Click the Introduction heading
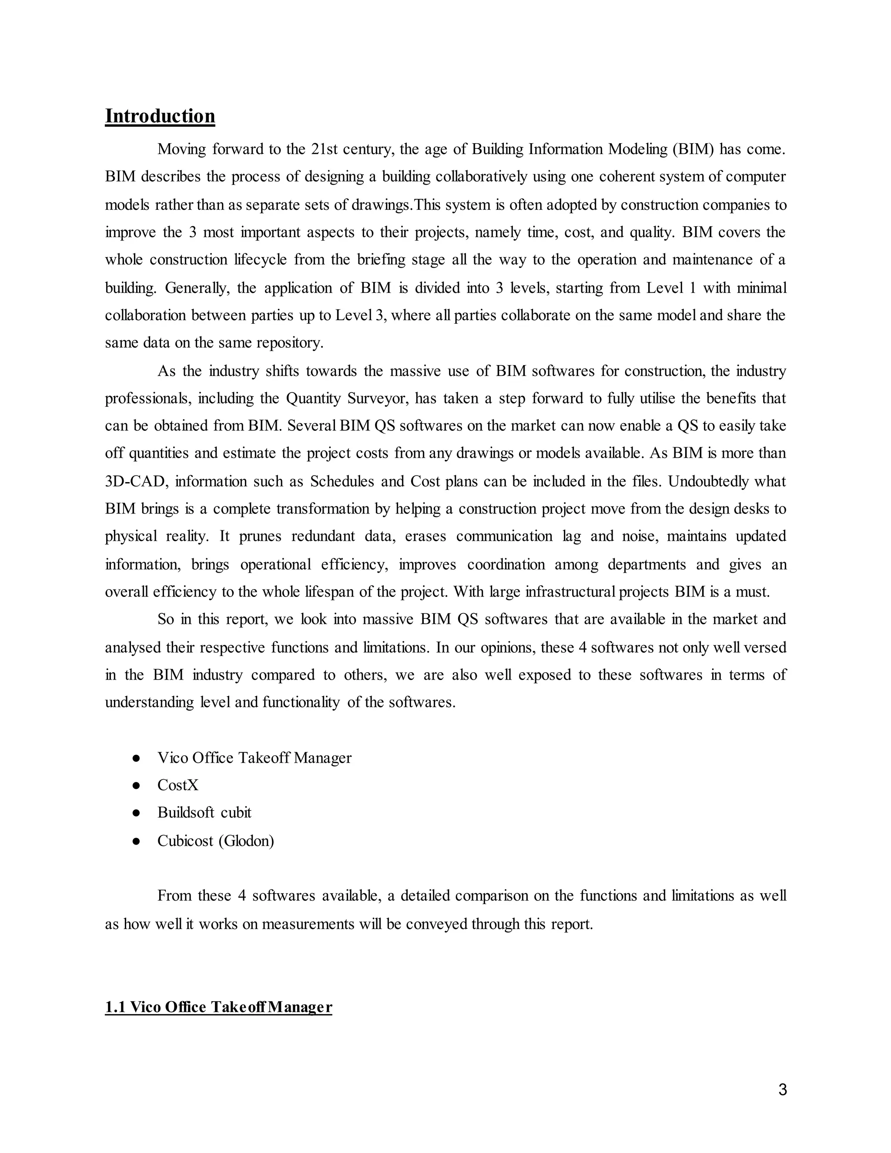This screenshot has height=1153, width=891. click(160, 116)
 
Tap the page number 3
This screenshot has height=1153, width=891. click(782, 1089)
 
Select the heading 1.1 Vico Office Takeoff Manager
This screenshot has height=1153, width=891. click(218, 1007)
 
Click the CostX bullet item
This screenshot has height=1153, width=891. click(178, 785)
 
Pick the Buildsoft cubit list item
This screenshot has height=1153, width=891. click(204, 812)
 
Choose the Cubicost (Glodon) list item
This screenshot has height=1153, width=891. click(215, 841)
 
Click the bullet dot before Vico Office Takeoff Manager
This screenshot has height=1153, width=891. click(136, 758)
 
